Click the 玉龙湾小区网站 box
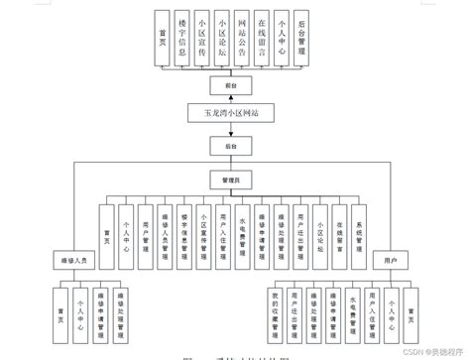tap(229, 113)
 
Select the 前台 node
tap(230, 85)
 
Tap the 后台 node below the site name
tap(230, 145)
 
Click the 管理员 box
tap(230, 181)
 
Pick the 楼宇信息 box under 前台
tap(181, 37)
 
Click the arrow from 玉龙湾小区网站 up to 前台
tap(230, 98)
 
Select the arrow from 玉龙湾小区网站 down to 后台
tap(230, 129)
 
